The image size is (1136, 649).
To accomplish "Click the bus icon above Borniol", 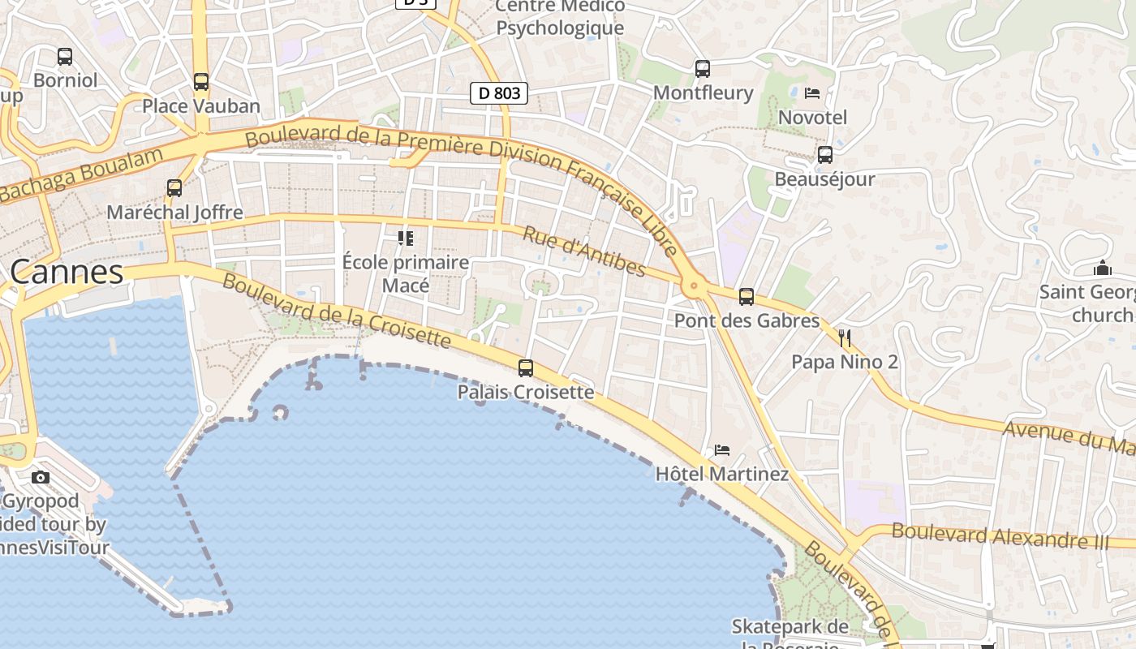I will [65, 57].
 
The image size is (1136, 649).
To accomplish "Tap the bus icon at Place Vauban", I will [201, 82].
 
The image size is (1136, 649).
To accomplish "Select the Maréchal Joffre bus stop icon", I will [174, 188].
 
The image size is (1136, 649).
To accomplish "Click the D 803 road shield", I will [499, 93].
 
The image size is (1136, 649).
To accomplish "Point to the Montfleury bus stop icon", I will [703, 69].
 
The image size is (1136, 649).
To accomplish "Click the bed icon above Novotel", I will [812, 93].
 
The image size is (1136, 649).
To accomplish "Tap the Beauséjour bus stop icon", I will [825, 154].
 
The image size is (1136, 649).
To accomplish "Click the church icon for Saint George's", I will [1103, 267].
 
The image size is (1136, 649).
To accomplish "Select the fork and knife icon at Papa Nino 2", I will [845, 337].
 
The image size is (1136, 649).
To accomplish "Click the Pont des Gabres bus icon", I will [747, 297].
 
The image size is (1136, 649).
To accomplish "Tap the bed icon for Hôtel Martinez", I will [722, 449].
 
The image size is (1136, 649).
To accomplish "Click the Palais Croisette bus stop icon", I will [526, 368].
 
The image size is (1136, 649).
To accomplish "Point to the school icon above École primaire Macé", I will [405, 239].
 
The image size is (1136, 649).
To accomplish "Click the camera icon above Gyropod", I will [41, 477].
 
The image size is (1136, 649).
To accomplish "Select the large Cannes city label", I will [67, 272].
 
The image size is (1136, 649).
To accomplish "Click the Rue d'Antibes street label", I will [584, 251].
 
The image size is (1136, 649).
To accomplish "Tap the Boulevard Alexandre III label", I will [1000, 536].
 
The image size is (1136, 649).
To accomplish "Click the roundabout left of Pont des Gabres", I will [693, 286].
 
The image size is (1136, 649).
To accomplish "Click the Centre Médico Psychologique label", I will [560, 18].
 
